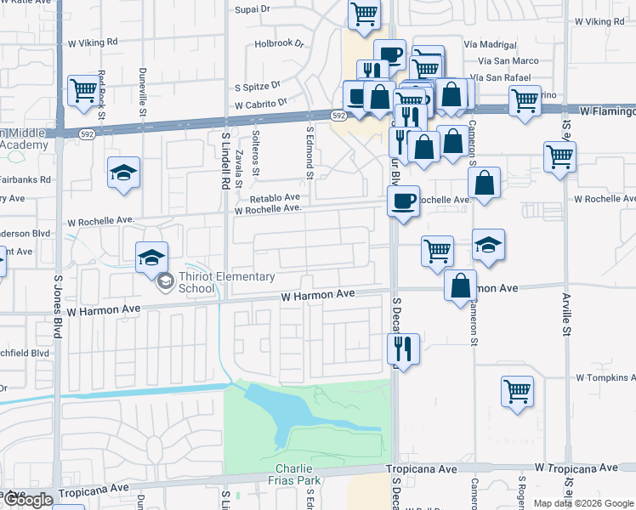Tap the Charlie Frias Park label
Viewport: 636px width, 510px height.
pos(300,474)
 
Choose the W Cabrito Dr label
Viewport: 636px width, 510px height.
pos(261,103)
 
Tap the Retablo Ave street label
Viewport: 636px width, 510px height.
pos(274,197)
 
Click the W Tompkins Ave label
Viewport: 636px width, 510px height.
pos(605,377)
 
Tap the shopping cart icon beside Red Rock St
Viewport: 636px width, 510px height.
pos(84,89)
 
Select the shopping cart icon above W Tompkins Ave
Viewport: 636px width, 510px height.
pos(517,391)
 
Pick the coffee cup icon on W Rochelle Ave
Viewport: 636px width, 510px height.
pos(402,201)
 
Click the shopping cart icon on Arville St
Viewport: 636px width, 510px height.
pos(559,156)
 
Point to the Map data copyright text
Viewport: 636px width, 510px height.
pos(583,503)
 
